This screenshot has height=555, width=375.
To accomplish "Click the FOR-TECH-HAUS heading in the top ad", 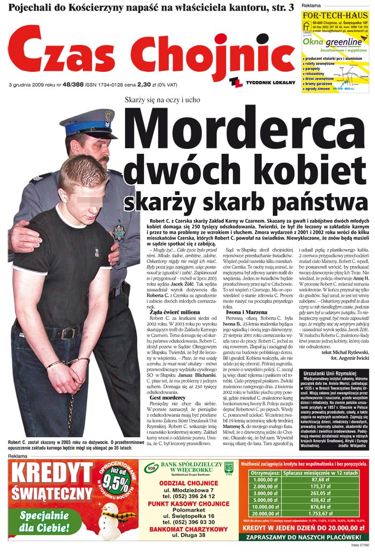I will click(334, 16).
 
